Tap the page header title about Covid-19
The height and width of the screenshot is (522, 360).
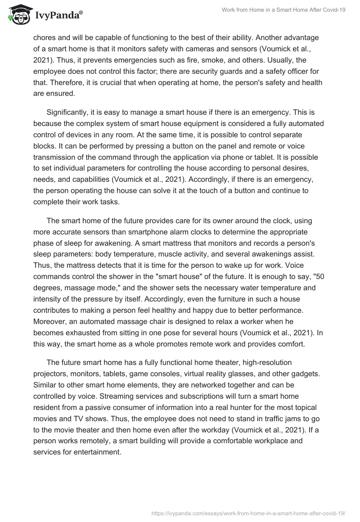coord(283,10)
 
